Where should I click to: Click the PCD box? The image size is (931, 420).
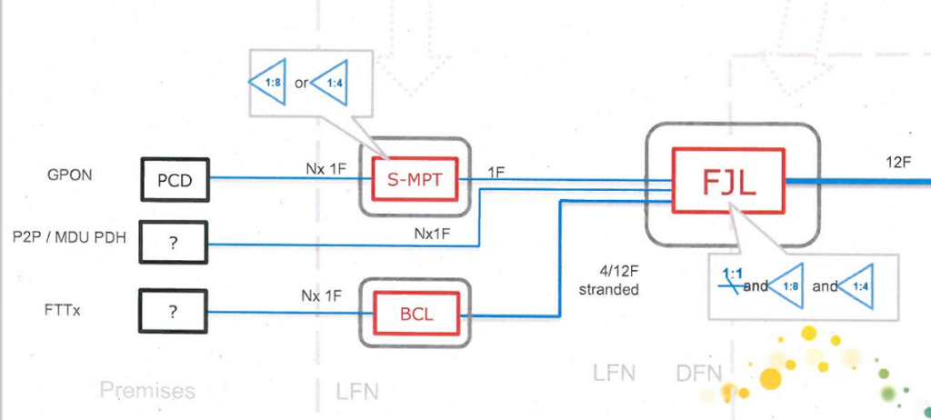click(x=175, y=180)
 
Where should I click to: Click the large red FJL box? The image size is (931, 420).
click(x=727, y=180)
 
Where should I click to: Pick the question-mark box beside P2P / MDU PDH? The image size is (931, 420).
click(x=174, y=245)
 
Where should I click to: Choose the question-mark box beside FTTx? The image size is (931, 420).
click(x=174, y=311)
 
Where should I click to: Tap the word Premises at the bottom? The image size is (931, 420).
click(x=147, y=391)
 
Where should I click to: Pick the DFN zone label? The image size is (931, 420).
click(x=699, y=372)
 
